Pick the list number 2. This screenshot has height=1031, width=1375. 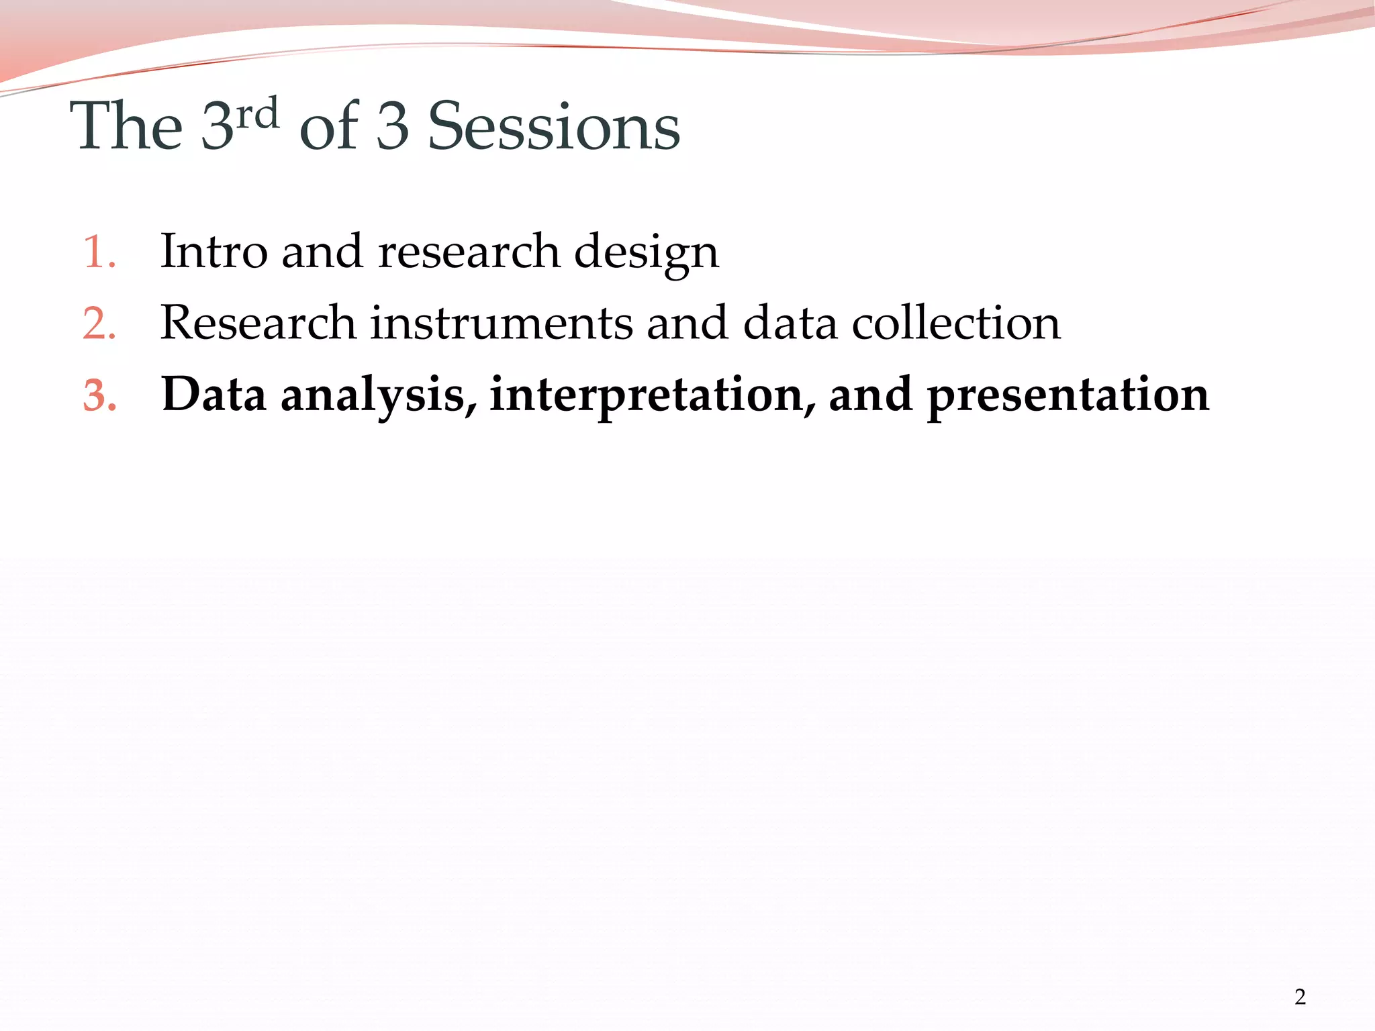pyautogui.click(x=99, y=325)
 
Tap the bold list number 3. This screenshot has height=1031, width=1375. pyautogui.click(x=99, y=396)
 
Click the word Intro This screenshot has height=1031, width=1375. pyautogui.click(x=214, y=252)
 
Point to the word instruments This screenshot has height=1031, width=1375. pyautogui.click(x=501, y=324)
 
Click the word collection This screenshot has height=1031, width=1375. pyautogui.click(x=956, y=324)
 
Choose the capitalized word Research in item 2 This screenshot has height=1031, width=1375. pyautogui.click(x=258, y=324)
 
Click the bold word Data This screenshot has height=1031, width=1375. pyautogui.click(x=214, y=395)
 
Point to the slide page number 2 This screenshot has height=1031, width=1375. pyautogui.click(x=1300, y=997)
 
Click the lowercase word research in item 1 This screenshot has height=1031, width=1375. pyautogui.click(x=469, y=253)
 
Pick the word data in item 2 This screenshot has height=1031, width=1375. pyautogui.click(x=790, y=324)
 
